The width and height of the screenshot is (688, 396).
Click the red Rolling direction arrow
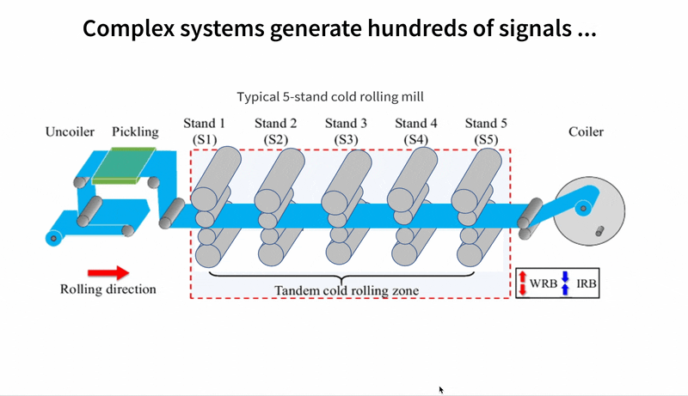108,272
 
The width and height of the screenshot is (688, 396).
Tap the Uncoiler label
71,131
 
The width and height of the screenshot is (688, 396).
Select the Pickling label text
135,131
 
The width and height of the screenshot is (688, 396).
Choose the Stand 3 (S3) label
346,131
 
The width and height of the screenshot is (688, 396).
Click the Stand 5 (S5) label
485,131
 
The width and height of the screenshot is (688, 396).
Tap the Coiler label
586,131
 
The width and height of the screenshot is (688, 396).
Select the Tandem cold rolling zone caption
346,290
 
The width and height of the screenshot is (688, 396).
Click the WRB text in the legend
543,283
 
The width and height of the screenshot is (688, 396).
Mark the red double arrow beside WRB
522,283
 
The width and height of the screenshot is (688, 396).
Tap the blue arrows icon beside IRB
565,283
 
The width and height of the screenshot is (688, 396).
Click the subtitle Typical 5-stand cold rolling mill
330,97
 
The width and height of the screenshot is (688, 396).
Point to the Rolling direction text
108,289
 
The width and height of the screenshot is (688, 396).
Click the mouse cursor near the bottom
441,389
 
